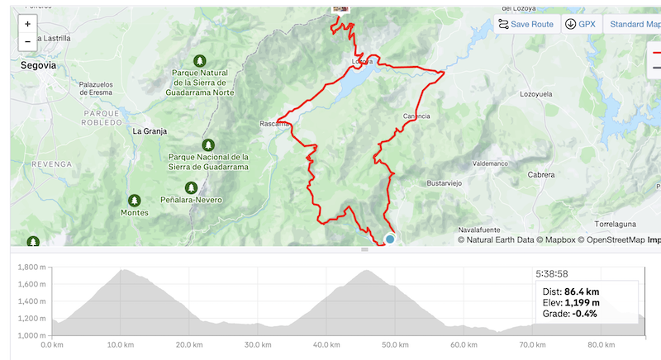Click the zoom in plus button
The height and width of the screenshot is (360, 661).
pyautogui.click(x=27, y=25)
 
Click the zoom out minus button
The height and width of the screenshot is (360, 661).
pyautogui.click(x=27, y=41)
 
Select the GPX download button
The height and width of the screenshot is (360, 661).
pyautogui.click(x=580, y=24)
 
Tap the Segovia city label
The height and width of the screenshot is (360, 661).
pyautogui.click(x=38, y=64)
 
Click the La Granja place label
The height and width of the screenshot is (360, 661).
pyautogui.click(x=150, y=131)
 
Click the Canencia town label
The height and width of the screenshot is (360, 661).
pyautogui.click(x=416, y=116)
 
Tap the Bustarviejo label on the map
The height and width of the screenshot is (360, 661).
pyautogui.click(x=449, y=182)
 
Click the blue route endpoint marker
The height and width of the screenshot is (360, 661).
pyautogui.click(x=390, y=239)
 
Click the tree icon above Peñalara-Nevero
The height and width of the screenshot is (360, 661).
pyautogui.click(x=192, y=187)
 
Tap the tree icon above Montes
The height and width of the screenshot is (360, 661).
pyautogui.click(x=134, y=200)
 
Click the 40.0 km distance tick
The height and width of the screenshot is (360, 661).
pyautogui.click(x=326, y=345)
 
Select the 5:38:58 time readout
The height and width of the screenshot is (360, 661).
pyautogui.click(x=557, y=273)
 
